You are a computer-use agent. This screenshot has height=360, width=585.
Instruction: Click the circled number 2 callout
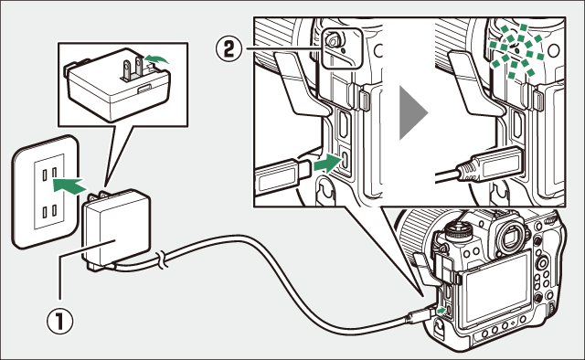(229, 49)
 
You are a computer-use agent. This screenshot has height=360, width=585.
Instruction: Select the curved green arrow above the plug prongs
(156, 58)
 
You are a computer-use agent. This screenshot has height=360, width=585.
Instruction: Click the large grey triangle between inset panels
(413, 112)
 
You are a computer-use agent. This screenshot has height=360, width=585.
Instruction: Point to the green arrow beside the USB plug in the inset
(328, 164)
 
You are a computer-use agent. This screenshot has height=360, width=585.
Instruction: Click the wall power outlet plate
(46, 191)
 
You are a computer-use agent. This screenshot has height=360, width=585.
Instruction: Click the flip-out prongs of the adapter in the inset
(133, 68)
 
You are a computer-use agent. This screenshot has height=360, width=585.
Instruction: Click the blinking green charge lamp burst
(517, 51)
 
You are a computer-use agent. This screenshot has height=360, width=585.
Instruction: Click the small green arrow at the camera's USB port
(441, 311)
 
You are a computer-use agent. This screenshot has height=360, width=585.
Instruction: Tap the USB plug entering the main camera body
(421, 315)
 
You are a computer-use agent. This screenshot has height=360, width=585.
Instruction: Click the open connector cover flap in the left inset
(303, 83)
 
